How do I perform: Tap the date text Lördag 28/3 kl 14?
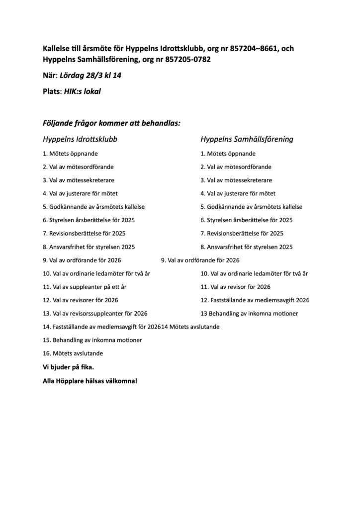pos(91,76)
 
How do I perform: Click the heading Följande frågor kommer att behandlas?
pos(111,122)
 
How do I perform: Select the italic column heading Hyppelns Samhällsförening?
pos(247,139)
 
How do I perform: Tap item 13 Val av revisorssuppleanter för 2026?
pos(95,314)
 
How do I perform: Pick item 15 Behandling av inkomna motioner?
pos(92,340)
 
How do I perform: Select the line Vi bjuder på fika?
pos(68,368)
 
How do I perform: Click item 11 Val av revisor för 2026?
pos(235,287)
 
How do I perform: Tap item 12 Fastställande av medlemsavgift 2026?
pos(255,300)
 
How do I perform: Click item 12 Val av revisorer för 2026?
pos(80,300)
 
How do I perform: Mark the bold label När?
pos(49,76)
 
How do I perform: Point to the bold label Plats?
pos(51,91)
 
